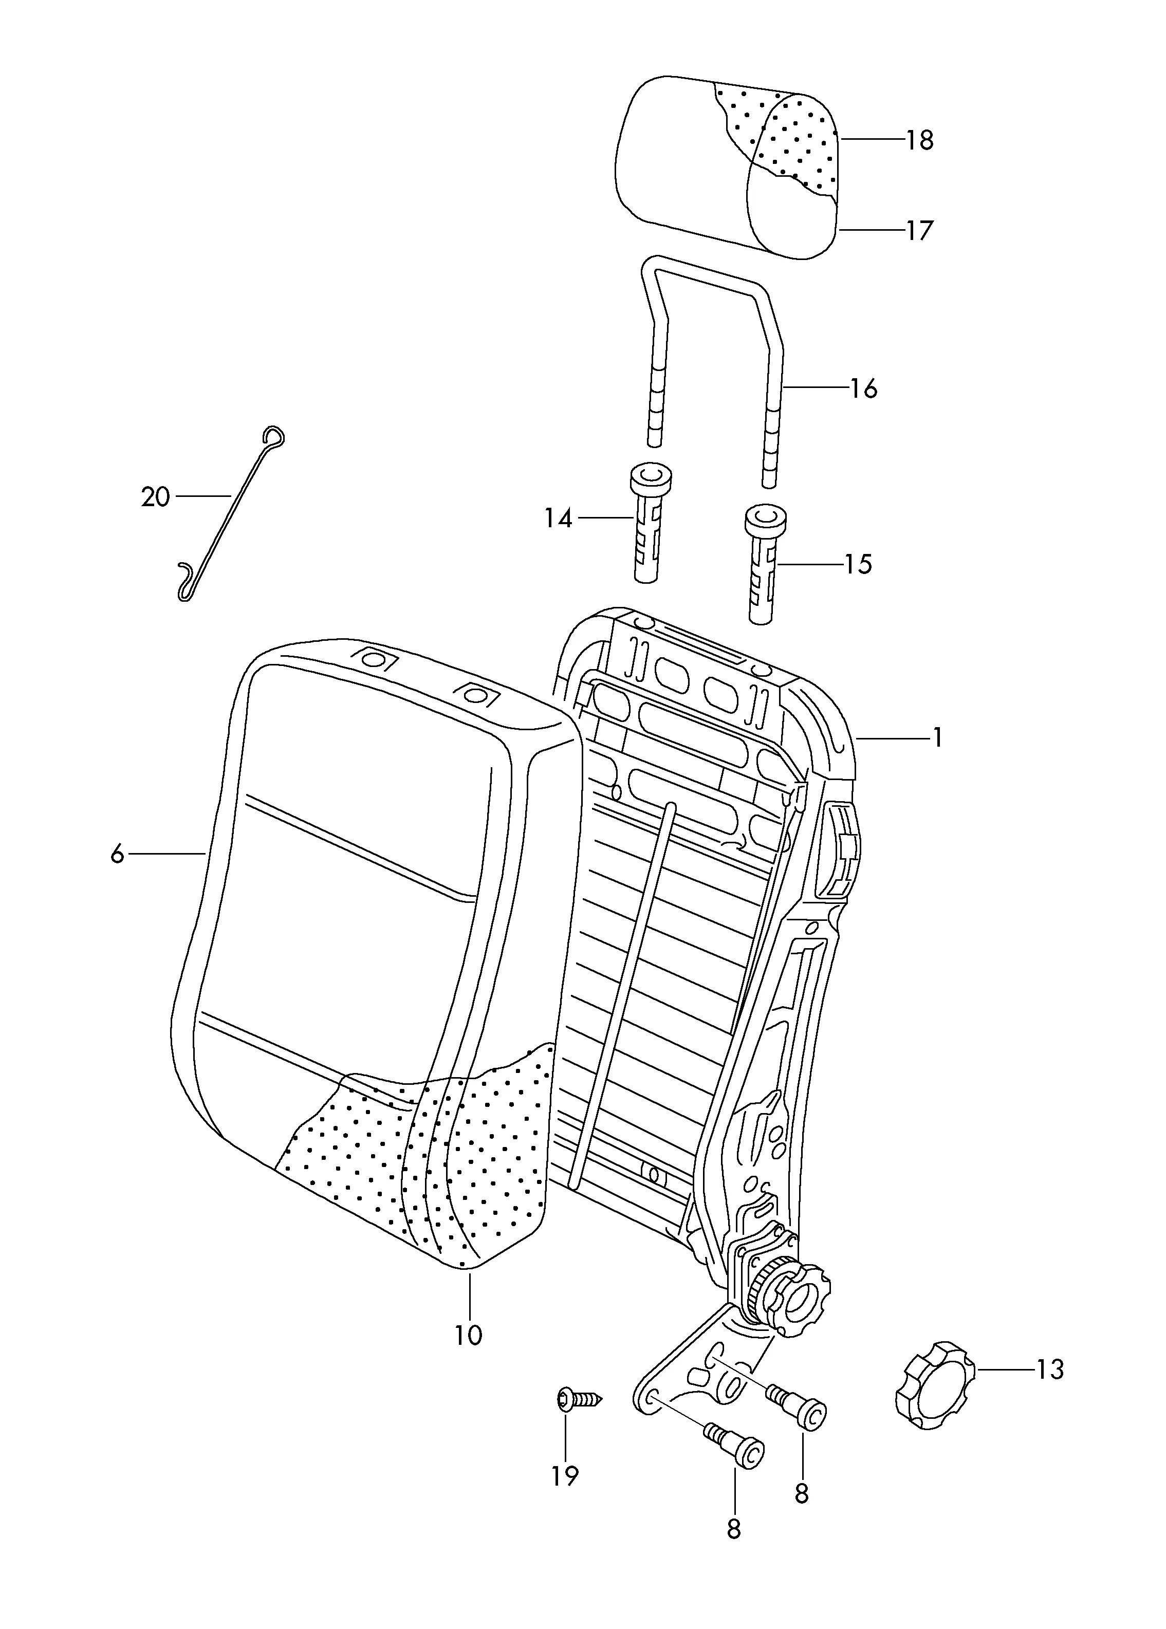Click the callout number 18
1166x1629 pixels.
(920, 140)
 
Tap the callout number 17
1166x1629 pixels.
(920, 230)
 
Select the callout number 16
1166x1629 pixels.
(864, 388)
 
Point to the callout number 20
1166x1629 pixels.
(156, 497)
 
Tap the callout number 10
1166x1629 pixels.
(468, 1336)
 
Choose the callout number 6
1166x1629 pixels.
(118, 855)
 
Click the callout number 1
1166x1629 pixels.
(937, 737)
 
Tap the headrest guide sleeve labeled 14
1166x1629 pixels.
(649, 522)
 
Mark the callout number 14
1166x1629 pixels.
(558, 519)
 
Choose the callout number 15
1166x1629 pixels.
(858, 564)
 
